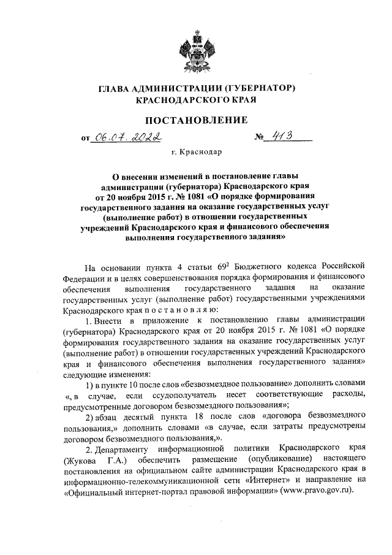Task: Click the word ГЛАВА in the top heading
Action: pyautogui.click(x=115, y=89)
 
